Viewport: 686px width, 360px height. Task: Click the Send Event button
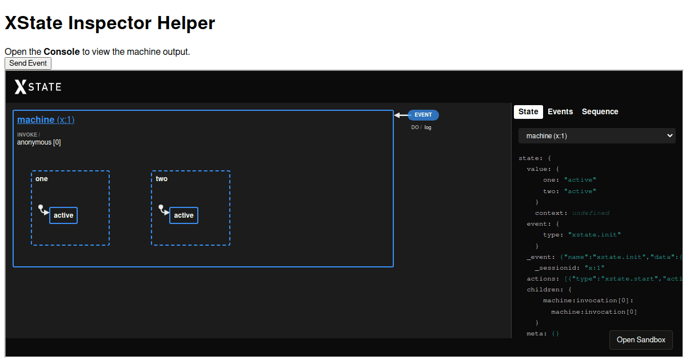28,63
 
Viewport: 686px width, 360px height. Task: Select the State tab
528,111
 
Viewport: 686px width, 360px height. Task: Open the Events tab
560,111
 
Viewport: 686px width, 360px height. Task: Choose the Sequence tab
600,111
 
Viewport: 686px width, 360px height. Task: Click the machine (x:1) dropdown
597,136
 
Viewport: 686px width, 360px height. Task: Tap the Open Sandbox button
641,340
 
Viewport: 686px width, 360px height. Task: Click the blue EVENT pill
423,115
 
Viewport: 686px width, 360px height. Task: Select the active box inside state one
63,215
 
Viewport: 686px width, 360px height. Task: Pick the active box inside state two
184,215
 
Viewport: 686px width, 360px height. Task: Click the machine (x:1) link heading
46,119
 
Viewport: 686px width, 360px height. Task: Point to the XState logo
38,87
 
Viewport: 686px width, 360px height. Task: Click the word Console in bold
62,51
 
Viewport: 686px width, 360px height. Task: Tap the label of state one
42,179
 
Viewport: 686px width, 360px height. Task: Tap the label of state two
162,179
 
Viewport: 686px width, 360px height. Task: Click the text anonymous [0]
39,142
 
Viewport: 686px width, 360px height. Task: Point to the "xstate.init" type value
594,235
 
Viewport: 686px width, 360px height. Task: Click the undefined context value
591,213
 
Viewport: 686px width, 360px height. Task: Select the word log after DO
428,127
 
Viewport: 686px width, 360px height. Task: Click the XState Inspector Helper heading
110,23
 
